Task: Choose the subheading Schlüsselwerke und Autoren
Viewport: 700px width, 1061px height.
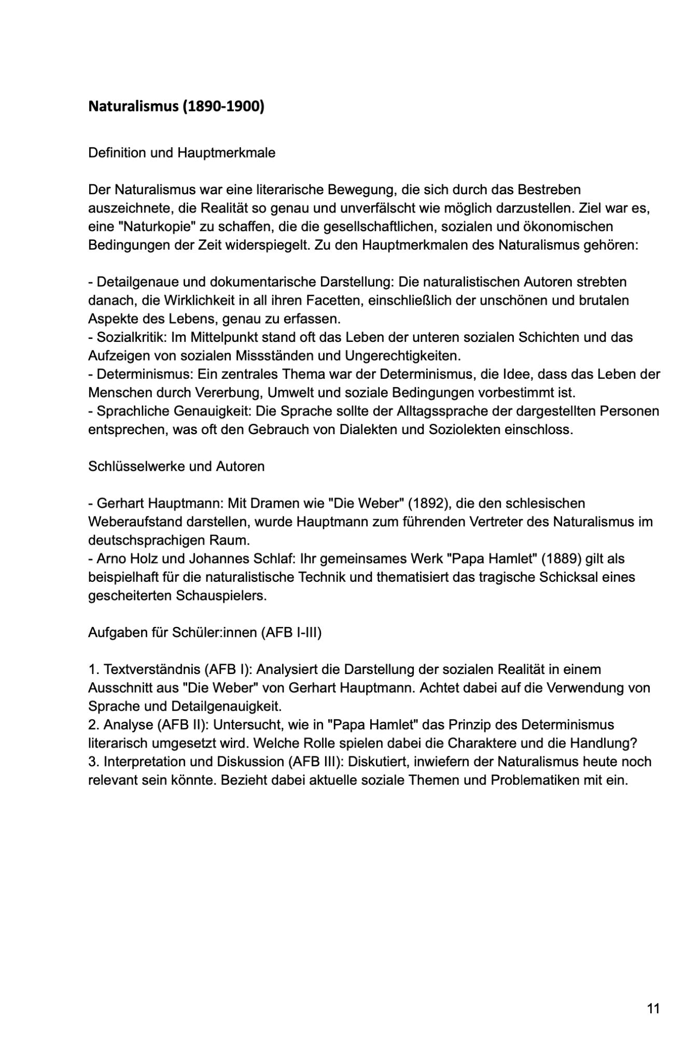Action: point(176,466)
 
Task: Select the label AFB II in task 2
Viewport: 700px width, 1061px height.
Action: point(185,725)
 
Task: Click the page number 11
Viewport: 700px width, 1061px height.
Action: point(653,1009)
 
